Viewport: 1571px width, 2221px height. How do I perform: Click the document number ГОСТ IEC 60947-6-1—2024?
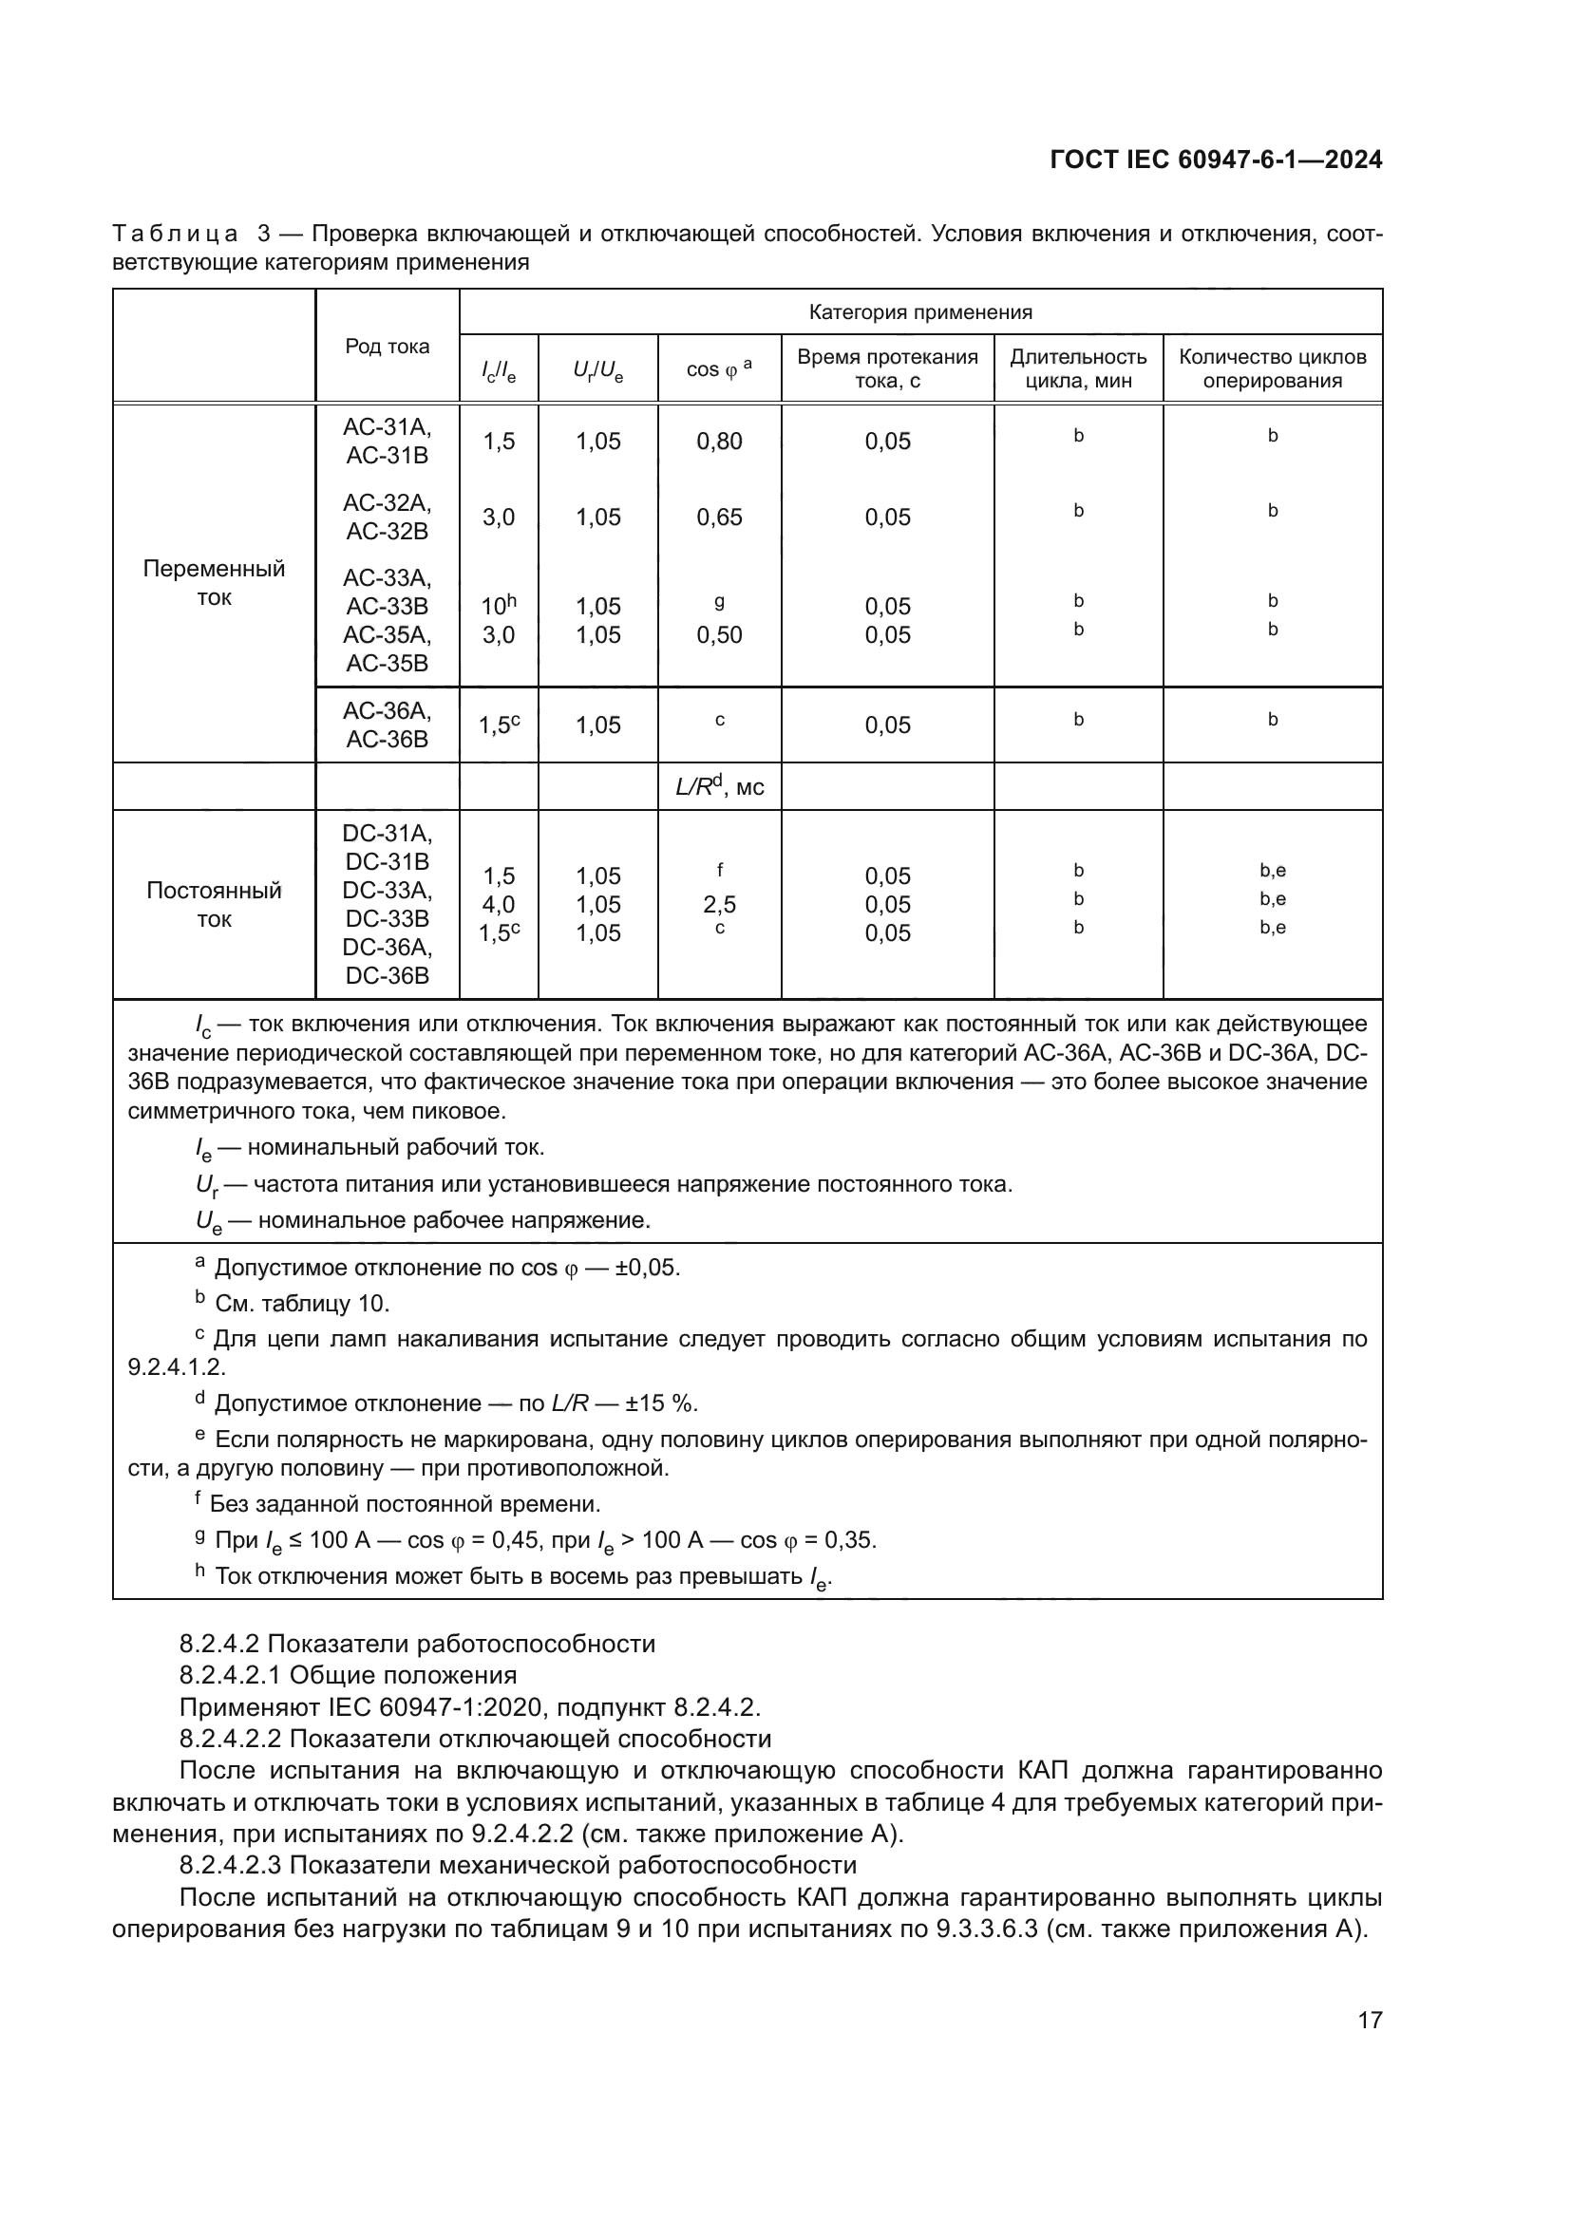(1216, 160)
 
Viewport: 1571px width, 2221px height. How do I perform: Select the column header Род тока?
(387, 347)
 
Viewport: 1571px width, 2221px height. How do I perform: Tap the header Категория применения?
(920, 311)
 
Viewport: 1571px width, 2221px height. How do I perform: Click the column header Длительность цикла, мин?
(1078, 368)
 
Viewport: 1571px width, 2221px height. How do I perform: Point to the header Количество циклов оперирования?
(1272, 368)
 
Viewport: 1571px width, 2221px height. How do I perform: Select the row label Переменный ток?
(214, 582)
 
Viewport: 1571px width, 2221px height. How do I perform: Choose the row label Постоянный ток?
(214, 905)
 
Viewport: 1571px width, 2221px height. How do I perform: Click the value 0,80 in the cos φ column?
(719, 442)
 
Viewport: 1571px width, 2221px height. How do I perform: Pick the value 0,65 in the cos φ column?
(719, 517)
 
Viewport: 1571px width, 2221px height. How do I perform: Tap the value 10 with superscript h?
(499, 606)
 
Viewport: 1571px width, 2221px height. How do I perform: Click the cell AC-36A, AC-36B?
(387, 725)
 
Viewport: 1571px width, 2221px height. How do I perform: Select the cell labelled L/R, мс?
(719, 786)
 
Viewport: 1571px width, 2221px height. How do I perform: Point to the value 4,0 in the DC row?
(499, 905)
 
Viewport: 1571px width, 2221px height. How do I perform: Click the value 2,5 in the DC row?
(719, 905)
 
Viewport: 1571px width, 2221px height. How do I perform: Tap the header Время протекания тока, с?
(887, 368)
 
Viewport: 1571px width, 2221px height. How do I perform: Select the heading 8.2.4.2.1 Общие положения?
(349, 1674)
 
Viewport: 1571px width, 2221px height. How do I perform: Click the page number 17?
(1370, 2020)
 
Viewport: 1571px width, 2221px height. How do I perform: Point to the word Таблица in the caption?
(175, 235)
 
